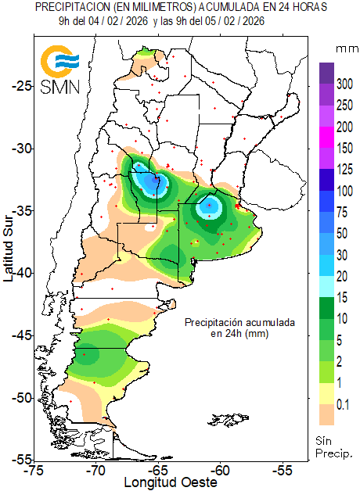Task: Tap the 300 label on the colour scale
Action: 344,83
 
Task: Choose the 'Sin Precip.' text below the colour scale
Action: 334,446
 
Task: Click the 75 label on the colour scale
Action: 341,213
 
